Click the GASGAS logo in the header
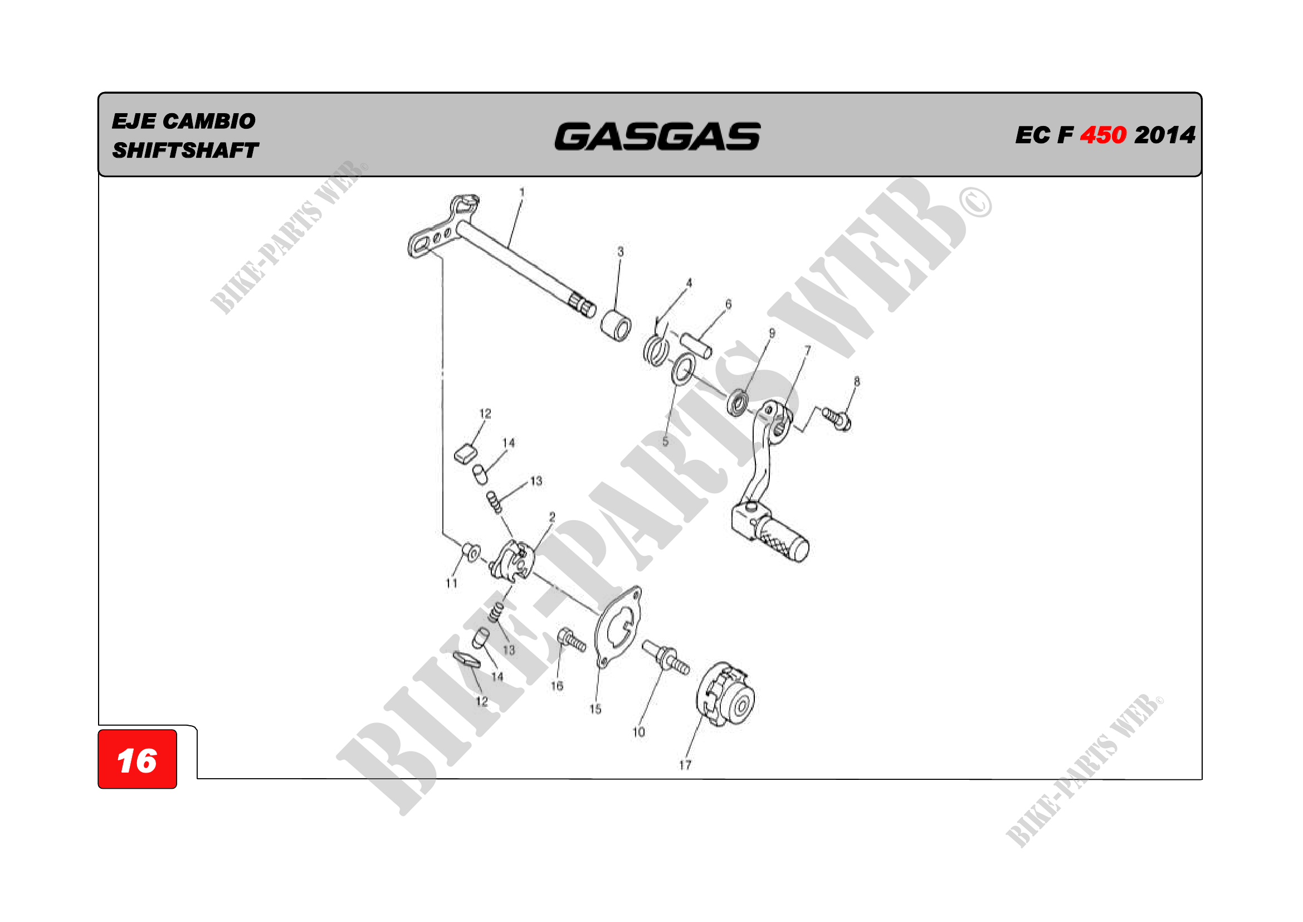[x=657, y=137]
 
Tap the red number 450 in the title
[x=1102, y=135]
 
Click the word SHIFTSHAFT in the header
[x=185, y=151]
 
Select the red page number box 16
[x=138, y=760]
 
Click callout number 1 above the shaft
[x=521, y=192]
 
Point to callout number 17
[x=685, y=765]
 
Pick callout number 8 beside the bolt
[x=856, y=381]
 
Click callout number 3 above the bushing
[x=620, y=251]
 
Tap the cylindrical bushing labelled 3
[x=616, y=326]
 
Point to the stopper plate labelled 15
[x=618, y=627]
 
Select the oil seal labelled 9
[x=737, y=402]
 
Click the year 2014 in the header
[x=1164, y=135]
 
